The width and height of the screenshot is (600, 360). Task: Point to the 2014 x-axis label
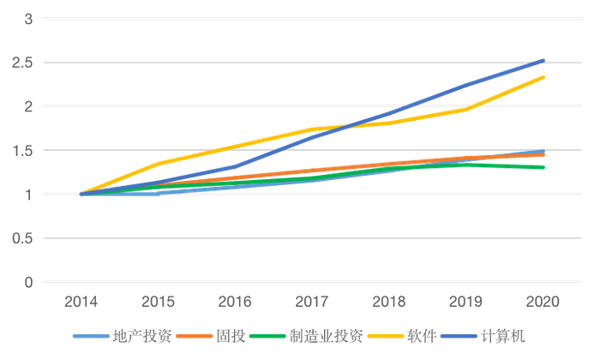click(81, 302)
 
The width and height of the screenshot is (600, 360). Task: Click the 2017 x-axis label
click(312, 302)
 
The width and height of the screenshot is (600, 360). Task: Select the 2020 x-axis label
click(543, 302)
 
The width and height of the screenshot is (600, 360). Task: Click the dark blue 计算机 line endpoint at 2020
click(543, 61)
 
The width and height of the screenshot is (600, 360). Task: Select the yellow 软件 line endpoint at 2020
click(543, 77)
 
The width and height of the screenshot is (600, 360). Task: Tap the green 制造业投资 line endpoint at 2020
click(543, 167)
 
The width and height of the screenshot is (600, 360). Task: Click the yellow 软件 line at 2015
click(159, 164)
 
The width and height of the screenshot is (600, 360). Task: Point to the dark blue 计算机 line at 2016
click(236, 166)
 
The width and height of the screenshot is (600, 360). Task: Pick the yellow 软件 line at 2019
click(466, 109)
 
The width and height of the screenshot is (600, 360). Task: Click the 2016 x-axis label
click(236, 302)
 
